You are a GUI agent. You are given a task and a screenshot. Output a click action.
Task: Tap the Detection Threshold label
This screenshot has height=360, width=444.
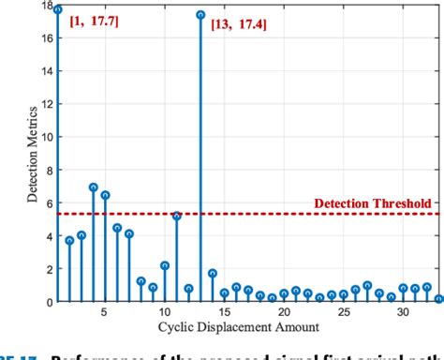[x=372, y=202]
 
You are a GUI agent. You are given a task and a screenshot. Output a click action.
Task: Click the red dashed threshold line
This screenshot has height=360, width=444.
[x=281, y=214]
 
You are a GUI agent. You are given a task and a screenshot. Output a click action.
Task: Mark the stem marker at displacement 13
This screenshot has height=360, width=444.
[x=200, y=15]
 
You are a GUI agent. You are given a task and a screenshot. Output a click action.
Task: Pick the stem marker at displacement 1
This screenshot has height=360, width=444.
[x=57, y=9]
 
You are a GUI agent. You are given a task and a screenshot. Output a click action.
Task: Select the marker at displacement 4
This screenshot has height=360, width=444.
[x=93, y=187]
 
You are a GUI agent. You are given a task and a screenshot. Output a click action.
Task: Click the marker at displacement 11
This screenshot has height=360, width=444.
[x=177, y=216]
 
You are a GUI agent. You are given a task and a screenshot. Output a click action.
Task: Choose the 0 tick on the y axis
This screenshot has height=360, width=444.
[x=48, y=302]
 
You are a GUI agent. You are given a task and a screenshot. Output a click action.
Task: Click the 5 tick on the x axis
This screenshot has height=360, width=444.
[x=105, y=312]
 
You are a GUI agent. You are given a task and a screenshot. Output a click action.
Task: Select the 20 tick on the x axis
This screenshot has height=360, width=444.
[x=284, y=312]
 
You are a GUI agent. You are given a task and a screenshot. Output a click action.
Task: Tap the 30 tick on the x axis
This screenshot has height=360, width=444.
[x=404, y=312]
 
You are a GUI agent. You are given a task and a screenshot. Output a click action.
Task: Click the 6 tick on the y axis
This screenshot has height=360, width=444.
[x=48, y=202]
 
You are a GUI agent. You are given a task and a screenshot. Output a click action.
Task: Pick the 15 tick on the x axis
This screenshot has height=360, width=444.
[x=224, y=312]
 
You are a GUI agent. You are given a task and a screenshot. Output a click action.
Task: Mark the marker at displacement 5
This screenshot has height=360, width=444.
[x=105, y=195]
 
